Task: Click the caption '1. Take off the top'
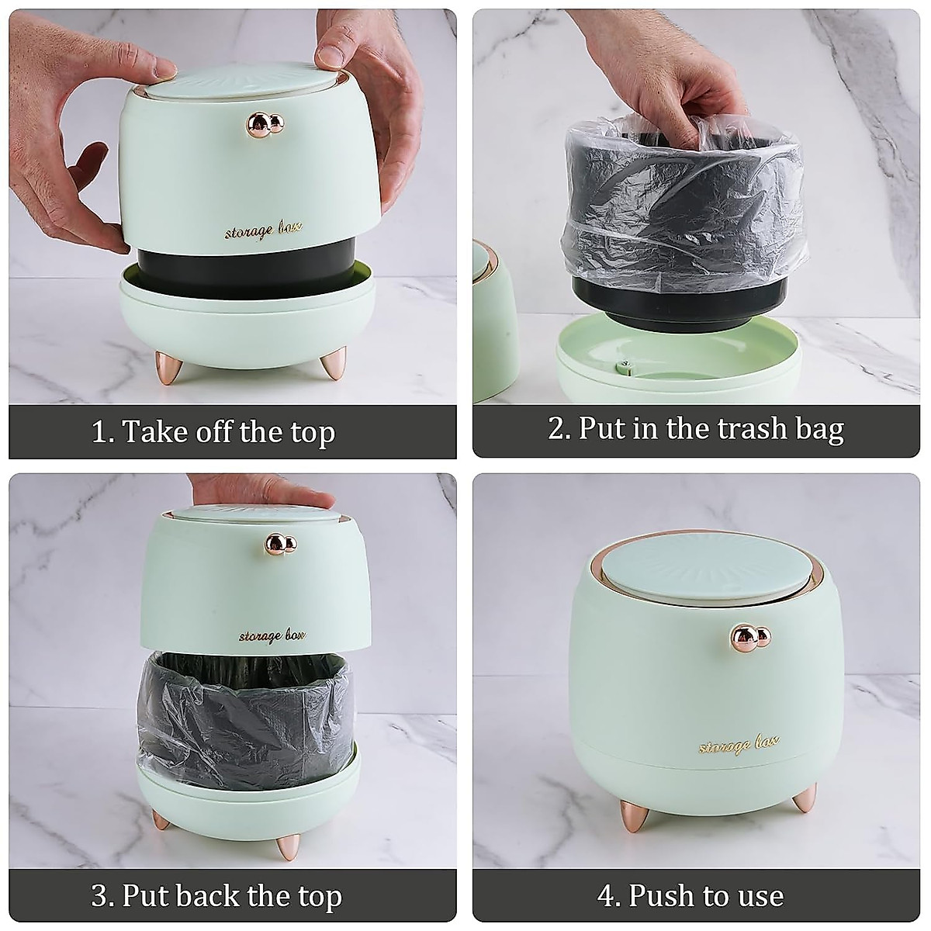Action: [213, 431]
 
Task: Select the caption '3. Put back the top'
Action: [216, 896]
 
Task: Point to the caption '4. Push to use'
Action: [690, 896]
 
